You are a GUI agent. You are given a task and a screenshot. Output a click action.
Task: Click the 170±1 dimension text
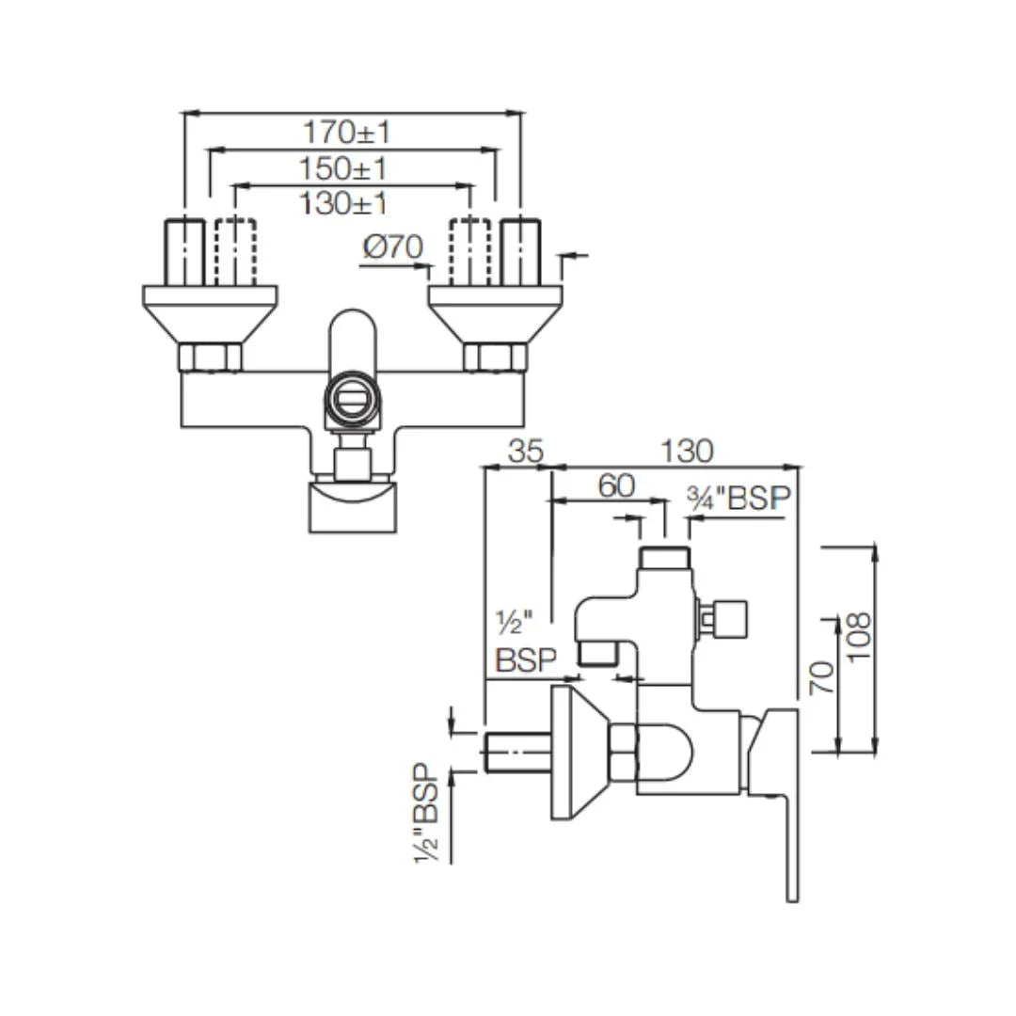345,133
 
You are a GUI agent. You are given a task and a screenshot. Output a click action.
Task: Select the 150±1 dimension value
343,169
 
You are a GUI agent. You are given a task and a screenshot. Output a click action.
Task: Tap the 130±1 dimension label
342,202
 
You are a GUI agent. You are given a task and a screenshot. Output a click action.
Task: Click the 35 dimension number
526,452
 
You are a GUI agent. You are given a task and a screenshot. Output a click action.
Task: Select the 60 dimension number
617,486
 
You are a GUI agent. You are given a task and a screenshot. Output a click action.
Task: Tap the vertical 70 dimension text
822,676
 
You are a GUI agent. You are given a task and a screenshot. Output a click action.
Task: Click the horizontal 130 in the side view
687,452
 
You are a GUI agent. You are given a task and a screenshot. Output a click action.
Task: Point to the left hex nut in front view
210,357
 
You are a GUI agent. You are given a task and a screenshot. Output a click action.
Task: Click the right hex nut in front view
495,357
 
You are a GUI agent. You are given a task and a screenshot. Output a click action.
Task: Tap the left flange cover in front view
210,311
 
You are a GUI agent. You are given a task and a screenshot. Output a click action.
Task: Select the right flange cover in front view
495,311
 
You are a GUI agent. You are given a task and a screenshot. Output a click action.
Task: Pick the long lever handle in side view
788,828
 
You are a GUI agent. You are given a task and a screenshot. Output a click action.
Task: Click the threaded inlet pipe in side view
516,753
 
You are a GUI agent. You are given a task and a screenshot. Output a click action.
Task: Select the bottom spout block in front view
353,508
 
